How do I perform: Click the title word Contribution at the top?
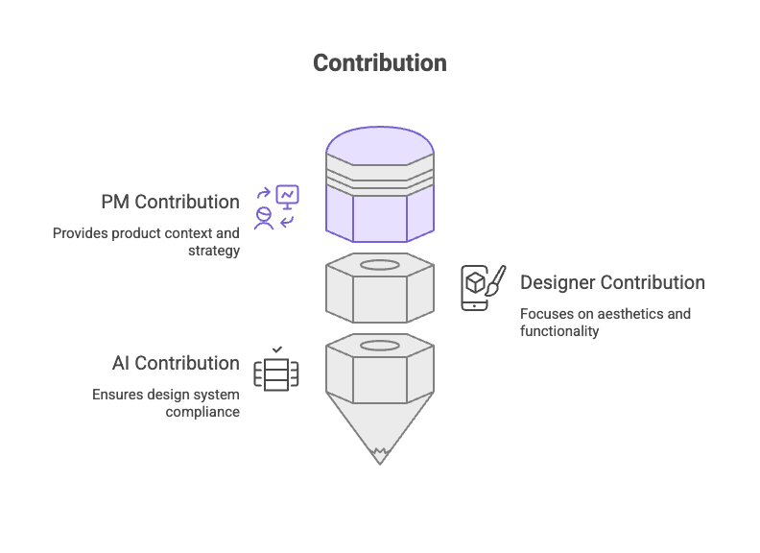pos(379,62)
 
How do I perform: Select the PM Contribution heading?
pos(170,203)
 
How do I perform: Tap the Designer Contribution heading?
pos(612,282)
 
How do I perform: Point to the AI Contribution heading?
pos(175,363)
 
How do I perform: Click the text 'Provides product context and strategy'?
pos(146,242)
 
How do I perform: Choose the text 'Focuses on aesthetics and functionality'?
pos(605,323)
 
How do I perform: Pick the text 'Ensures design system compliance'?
pos(165,403)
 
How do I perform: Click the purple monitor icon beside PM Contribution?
pos(287,197)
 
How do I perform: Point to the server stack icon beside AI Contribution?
pos(275,373)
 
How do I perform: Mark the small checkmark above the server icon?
pos(276,349)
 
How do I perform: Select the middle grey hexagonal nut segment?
pos(379,290)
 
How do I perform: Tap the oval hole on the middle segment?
pos(379,264)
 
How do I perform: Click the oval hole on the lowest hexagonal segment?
pos(379,345)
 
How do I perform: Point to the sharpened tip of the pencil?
pos(379,455)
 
